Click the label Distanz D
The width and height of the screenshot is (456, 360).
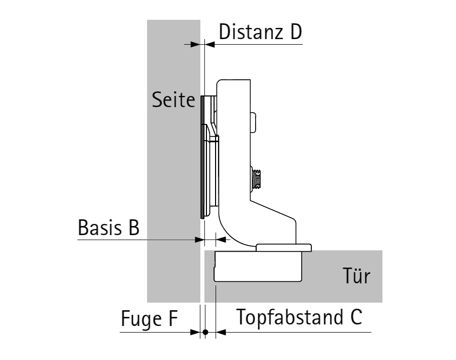[260, 31]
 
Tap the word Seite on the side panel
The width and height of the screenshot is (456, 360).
[173, 100]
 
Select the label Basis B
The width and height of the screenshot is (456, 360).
[109, 227]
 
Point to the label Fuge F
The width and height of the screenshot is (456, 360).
[149, 319]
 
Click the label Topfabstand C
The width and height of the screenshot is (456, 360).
[299, 317]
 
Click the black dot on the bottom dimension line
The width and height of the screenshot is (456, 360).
[205, 332]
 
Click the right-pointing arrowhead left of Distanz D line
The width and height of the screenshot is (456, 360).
[195, 45]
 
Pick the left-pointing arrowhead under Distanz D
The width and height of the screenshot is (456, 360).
[209, 45]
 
